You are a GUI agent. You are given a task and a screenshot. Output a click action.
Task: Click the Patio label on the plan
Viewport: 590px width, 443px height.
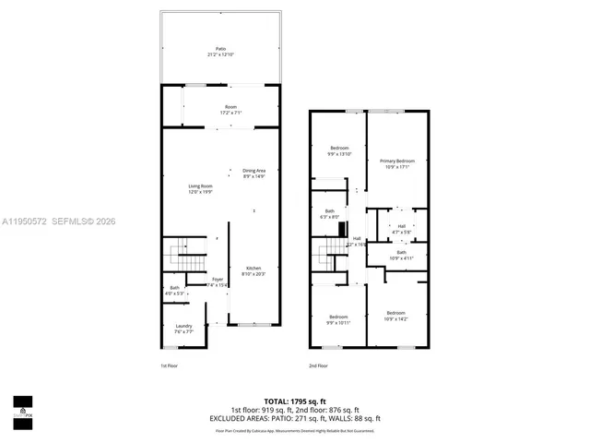[x=220, y=51]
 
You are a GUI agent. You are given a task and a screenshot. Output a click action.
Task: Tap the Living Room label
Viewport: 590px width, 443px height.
[x=200, y=189]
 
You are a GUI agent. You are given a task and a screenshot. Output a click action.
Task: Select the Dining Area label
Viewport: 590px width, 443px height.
[x=254, y=173]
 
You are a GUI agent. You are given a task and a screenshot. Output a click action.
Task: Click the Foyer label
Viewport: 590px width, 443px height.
[x=218, y=281]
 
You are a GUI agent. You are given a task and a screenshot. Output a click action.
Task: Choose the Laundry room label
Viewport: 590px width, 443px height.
[x=183, y=328]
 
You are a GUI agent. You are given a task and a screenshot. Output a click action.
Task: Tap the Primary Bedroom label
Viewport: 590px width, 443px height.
[x=398, y=163]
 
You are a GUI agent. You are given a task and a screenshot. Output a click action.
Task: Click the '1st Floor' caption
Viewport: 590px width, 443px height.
[x=168, y=366]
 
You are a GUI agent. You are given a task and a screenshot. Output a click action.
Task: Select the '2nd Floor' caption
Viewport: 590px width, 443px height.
[x=319, y=366]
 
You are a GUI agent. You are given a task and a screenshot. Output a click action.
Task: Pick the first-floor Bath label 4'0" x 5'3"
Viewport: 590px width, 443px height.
[x=175, y=291]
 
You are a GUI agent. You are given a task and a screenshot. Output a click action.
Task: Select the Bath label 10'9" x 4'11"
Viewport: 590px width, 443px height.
[x=401, y=255]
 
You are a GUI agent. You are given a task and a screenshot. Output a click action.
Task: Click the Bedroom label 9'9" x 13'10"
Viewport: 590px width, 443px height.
[x=340, y=150]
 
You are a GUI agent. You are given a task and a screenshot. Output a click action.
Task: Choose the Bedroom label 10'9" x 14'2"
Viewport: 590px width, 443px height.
[x=395, y=316]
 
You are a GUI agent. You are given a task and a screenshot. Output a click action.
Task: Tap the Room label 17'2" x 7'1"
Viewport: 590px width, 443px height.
[x=230, y=110]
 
